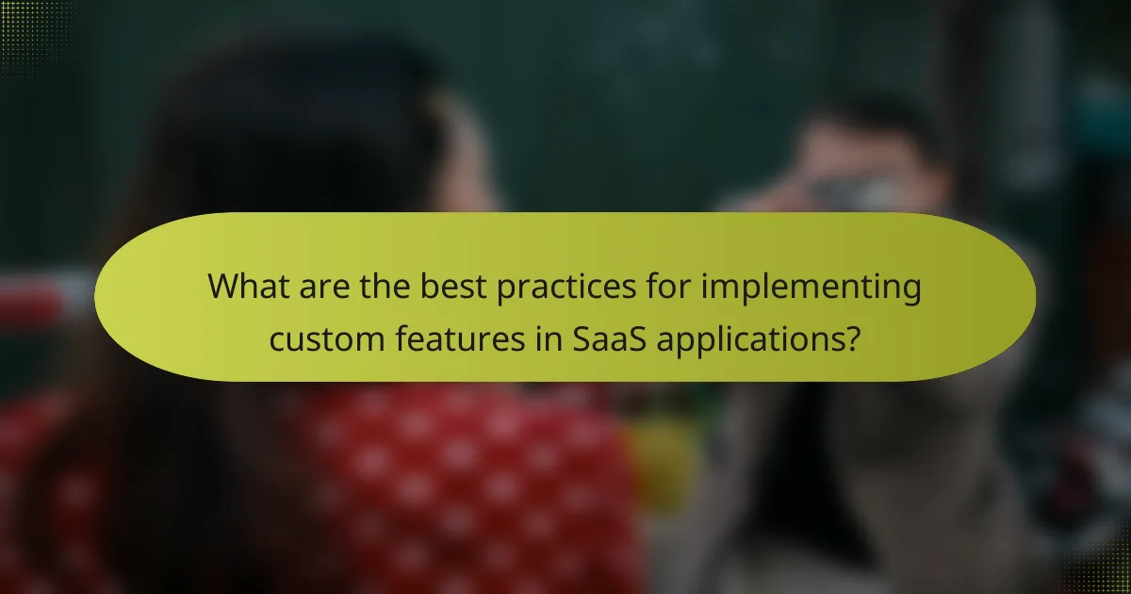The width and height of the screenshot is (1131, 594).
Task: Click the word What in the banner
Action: click(x=248, y=286)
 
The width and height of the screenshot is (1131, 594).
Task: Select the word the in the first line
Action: click(x=382, y=286)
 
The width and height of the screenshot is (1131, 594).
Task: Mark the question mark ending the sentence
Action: click(x=851, y=338)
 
